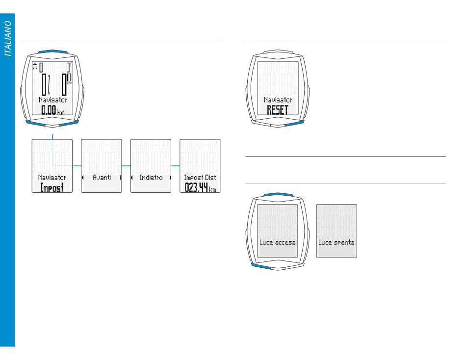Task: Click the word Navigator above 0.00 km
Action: (x=52, y=99)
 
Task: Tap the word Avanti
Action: (x=102, y=178)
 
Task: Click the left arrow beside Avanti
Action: (x=83, y=178)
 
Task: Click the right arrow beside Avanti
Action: (x=120, y=178)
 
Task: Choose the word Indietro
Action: (x=151, y=178)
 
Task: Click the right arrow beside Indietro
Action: (x=170, y=178)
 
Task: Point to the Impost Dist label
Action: (x=200, y=178)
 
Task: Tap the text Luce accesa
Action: (x=277, y=243)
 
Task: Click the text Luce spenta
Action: (x=337, y=243)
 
